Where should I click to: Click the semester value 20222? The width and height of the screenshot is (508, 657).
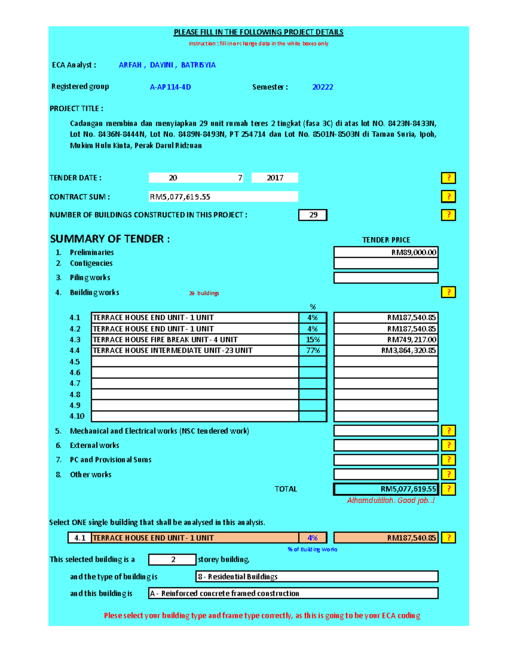(322, 87)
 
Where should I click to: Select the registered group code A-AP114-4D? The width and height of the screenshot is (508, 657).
(170, 87)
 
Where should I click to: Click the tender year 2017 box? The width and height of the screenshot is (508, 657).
(275, 178)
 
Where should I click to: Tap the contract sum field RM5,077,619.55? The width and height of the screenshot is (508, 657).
(223, 197)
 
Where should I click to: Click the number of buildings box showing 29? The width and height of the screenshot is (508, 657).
(313, 215)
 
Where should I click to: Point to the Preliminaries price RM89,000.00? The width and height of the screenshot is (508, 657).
(386, 252)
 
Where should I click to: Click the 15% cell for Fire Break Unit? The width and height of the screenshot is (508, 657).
(313, 340)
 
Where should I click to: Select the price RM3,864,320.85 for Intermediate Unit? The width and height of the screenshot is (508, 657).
(386, 350)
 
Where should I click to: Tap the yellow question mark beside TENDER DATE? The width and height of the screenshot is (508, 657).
(448, 178)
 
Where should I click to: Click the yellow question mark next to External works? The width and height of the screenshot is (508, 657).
(448, 445)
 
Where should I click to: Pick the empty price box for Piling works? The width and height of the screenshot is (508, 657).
(386, 278)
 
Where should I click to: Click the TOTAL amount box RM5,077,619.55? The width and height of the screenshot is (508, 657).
(386, 489)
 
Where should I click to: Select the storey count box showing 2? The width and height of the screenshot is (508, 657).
(172, 559)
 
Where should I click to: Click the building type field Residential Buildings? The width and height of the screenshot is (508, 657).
(316, 577)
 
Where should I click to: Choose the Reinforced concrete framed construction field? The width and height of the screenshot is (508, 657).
(293, 594)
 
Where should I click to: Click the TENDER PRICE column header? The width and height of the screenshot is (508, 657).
(386, 240)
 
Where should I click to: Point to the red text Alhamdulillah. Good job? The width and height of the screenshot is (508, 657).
(390, 500)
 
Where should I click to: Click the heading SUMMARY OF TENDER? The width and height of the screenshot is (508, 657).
(110, 239)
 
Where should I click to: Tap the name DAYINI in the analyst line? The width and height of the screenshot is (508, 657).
(161, 65)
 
